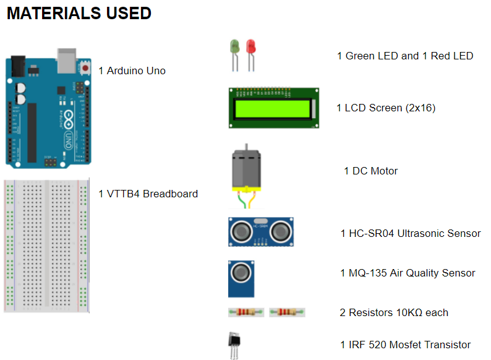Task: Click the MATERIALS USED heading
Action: click(x=79, y=13)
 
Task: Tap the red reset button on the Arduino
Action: click(x=83, y=66)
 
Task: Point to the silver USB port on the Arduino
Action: click(x=66, y=58)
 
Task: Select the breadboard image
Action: click(x=46, y=246)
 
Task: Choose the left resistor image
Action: click(x=246, y=312)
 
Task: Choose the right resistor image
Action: click(x=288, y=312)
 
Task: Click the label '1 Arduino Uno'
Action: click(x=132, y=71)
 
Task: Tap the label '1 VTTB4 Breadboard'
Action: click(x=148, y=194)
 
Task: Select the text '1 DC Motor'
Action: click(x=370, y=171)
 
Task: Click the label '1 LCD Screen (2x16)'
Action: click(x=386, y=108)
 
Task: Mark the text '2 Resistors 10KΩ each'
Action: click(x=394, y=312)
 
